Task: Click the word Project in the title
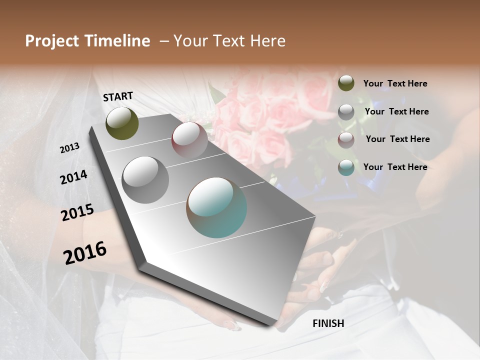point(52,41)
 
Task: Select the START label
point(118,96)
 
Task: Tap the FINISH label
point(328,323)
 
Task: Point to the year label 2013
point(69,148)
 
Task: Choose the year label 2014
point(73,177)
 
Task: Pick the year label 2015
point(77,212)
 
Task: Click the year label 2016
point(85,253)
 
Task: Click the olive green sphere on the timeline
point(122,123)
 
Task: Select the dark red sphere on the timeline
point(189,139)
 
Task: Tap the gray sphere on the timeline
point(145,179)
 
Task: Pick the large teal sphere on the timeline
point(216,207)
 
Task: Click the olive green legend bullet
point(346,83)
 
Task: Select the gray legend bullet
point(346,112)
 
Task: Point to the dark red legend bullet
point(346,140)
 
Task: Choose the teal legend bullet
point(346,167)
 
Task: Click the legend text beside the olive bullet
point(395,84)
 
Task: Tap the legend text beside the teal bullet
point(395,167)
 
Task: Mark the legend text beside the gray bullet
point(396,112)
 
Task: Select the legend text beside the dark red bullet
point(397,139)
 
